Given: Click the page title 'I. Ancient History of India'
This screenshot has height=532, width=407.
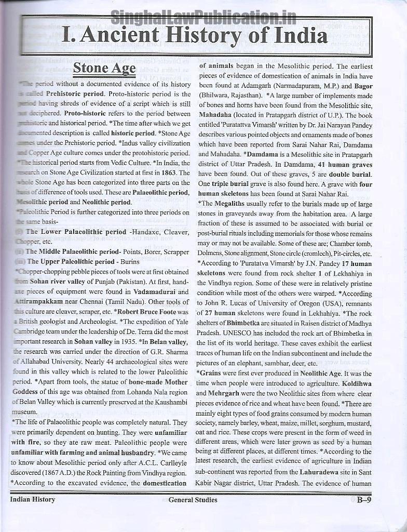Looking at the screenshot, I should [194, 36].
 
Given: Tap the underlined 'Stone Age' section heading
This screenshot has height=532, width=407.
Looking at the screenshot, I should [104, 68].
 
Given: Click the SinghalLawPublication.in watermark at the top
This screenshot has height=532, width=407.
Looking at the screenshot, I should [203, 19].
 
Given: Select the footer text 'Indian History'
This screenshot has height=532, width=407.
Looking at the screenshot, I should [33, 500].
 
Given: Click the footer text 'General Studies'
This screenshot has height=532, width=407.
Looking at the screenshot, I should [193, 500].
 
